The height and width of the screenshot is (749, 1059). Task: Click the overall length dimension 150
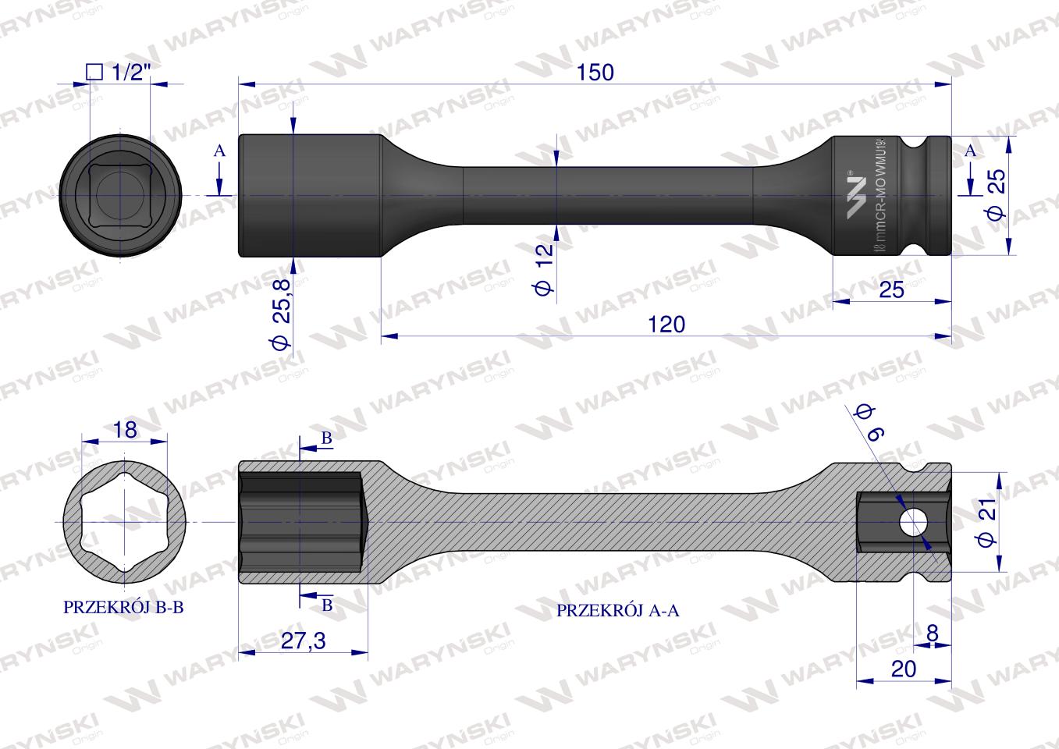tap(595, 73)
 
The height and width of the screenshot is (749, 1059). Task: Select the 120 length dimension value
tap(666, 324)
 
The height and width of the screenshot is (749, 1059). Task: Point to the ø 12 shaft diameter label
tap(544, 268)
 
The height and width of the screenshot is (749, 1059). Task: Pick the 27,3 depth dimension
tap(302, 641)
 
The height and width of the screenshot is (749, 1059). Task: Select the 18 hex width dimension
tap(124, 429)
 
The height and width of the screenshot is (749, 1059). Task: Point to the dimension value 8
tap(932, 633)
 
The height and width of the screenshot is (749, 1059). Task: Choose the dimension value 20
tap(902, 669)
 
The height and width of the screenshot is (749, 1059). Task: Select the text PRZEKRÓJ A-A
tap(617, 611)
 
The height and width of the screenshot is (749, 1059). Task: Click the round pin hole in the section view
tap(911, 520)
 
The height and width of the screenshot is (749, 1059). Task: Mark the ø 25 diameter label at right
tap(997, 196)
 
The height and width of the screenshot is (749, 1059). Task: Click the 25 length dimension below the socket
tap(890, 289)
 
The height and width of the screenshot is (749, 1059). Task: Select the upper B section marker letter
tap(327, 439)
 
